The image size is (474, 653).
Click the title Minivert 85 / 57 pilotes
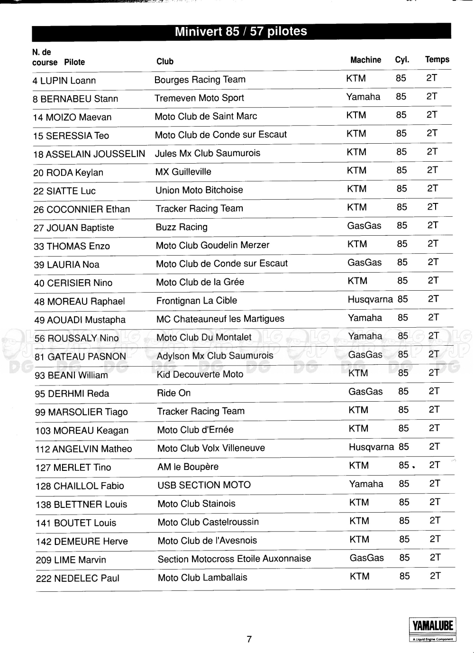[241, 31]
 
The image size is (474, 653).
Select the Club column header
[165, 61]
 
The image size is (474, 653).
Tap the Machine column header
[365, 60]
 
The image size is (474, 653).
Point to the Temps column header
[437, 59]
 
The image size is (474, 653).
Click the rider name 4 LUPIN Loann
[64, 81]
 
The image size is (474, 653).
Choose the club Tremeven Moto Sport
[199, 98]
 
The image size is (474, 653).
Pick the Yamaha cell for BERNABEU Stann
[363, 97]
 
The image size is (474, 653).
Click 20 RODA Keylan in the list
[68, 173]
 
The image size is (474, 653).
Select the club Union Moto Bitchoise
[199, 190]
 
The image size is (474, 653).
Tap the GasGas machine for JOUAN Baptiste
[364, 226]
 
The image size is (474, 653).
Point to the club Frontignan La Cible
[196, 301]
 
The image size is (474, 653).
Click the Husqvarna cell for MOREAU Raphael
[370, 299]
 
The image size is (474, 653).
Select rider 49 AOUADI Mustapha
[80, 320]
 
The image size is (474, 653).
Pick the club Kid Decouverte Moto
[200, 374]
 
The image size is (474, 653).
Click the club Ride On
[173, 393]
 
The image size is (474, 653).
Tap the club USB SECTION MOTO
[204, 485]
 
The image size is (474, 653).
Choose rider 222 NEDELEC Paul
[77, 579]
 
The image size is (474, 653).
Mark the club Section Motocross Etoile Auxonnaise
[234, 559]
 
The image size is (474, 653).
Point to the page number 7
[249, 639]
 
